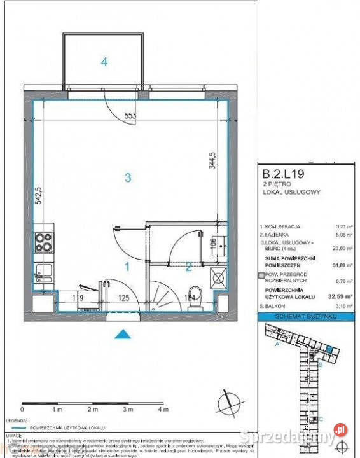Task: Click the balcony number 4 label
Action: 104,62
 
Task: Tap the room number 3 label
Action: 128,178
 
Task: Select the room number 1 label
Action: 127,267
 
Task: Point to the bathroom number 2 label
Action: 188,267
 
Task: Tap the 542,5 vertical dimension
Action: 39,195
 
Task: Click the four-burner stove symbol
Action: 43,242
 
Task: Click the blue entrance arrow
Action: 123,333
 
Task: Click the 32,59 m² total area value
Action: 340,296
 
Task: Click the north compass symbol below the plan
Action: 227,401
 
